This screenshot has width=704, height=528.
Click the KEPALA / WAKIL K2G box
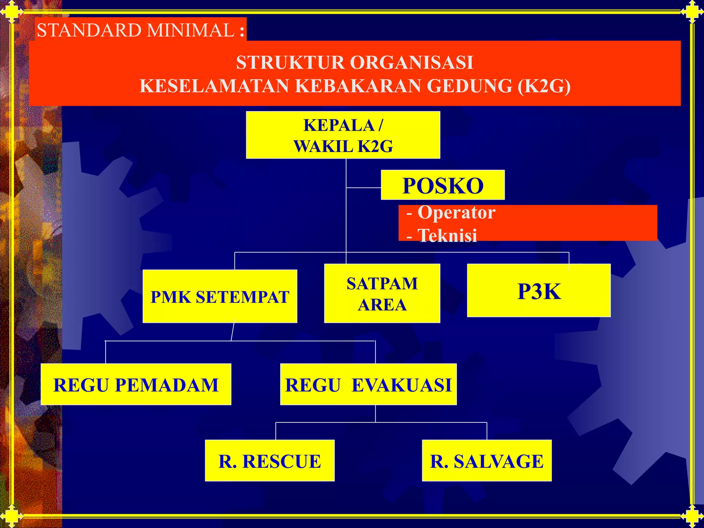343,135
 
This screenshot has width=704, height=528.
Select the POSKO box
443,185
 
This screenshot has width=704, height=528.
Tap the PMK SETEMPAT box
220,296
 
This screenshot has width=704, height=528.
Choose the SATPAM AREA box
382,294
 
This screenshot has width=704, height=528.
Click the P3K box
539,291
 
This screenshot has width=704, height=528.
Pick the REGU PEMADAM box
136,384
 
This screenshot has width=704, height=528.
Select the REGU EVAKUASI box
368,384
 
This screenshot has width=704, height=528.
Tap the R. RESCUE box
269,461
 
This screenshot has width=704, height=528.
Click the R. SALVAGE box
486,461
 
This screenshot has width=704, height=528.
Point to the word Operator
456,212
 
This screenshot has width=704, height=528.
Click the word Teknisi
447,236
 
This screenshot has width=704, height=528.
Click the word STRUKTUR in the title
290,63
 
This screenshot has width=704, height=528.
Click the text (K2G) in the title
544,86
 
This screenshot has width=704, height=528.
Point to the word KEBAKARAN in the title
358,86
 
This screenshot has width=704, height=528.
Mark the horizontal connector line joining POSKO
364,188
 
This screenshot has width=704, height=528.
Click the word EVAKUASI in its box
401,385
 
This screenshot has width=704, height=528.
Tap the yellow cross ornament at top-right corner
692,12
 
